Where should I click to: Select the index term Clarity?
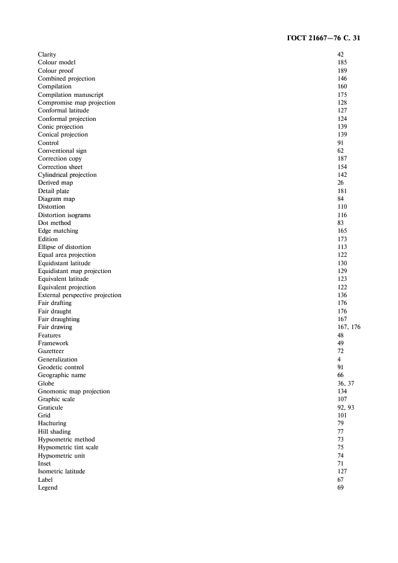coord(47,55)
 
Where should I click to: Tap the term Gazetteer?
coord(51,351)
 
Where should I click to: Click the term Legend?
coord(48,488)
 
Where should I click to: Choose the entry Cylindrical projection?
coord(67,175)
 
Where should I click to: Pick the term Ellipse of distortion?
coord(64,247)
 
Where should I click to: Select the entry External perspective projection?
coord(79,295)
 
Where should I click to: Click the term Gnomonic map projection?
coord(73,392)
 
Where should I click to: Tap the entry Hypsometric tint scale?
coord(68,448)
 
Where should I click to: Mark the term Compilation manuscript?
coord(70,95)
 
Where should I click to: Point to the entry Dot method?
coord(54,223)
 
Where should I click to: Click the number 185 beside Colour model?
coord(342,63)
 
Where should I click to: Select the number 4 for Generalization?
coord(339,359)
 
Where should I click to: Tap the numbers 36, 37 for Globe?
coord(346,383)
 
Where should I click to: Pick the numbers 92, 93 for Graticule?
coord(346,407)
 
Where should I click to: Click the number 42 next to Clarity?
coord(340,55)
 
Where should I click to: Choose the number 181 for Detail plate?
coord(342,191)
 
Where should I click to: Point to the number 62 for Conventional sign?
coord(340,151)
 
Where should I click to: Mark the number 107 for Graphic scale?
coord(342,399)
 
